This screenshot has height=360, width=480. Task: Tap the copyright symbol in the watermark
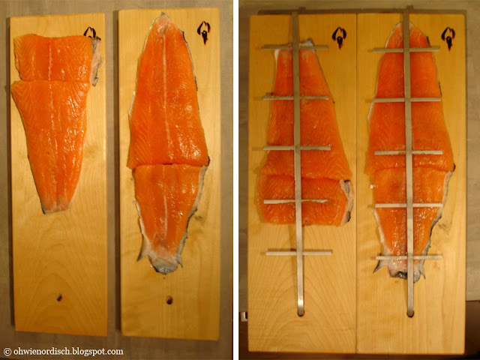[7, 352]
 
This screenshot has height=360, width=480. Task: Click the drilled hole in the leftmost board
[59, 297]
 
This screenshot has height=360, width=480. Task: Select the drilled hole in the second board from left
[169, 300]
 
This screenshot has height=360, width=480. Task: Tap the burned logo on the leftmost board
[91, 33]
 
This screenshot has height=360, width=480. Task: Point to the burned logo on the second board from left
[203, 31]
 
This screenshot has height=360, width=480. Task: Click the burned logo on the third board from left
[339, 37]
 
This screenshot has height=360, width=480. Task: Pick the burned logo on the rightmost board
[448, 38]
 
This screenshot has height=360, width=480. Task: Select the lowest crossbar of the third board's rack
[299, 253]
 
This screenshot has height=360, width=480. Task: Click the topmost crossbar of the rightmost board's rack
[406, 49]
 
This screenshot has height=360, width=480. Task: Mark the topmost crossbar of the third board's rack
[295, 47]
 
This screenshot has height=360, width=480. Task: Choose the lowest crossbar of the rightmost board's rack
[409, 257]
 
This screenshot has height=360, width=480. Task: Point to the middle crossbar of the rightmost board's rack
[408, 152]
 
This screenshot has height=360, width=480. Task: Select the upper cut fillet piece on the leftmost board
[54, 58]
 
